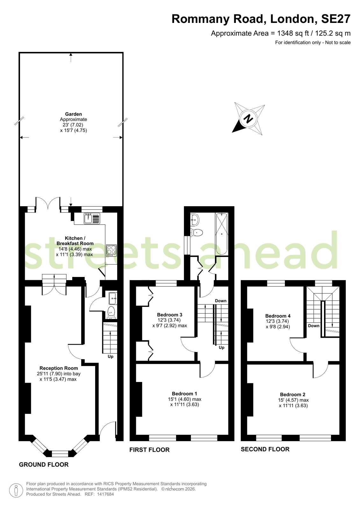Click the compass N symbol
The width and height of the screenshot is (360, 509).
pyautogui.click(x=248, y=119)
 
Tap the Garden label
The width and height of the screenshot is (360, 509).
pyautogui.click(x=74, y=114)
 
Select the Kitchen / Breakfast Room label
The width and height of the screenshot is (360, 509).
pyautogui.click(x=75, y=241)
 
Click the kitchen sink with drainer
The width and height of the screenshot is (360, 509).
pyautogui.click(x=92, y=218)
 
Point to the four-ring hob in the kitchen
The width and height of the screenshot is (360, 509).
pyautogui.click(x=111, y=251)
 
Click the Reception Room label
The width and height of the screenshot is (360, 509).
pyautogui.click(x=59, y=368)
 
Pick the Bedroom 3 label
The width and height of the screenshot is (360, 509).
pyautogui.click(x=170, y=315)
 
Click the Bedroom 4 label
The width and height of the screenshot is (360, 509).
pyautogui.click(x=278, y=316)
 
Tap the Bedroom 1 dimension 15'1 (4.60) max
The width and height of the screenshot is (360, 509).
pyautogui.click(x=185, y=399)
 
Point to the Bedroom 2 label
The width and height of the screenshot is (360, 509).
pyautogui.click(x=293, y=394)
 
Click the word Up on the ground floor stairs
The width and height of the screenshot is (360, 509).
pyautogui.click(x=110, y=357)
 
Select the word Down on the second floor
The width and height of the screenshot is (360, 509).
pyautogui.click(x=314, y=326)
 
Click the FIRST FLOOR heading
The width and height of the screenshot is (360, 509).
pyautogui.click(x=150, y=450)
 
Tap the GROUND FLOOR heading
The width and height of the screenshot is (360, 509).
pyautogui.click(x=44, y=464)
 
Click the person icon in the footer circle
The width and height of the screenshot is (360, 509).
pyautogui.click(x=16, y=491)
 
